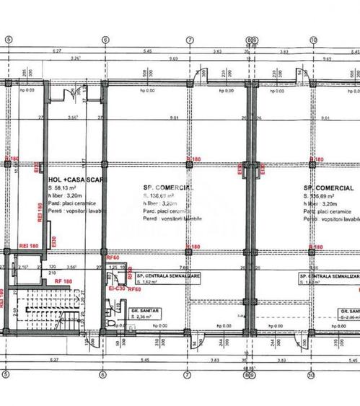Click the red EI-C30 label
pos(116,288)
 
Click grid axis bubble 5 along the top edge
pos(7,40)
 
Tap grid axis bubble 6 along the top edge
pos(105,40)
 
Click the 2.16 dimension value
pos(23,267)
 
